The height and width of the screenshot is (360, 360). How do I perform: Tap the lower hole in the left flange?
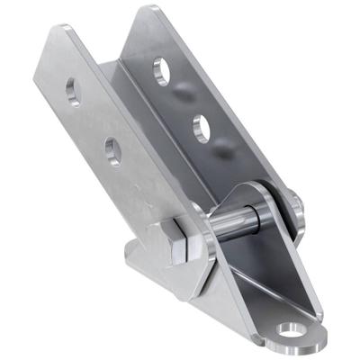click(x=113, y=150)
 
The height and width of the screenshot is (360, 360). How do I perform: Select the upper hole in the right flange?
click(x=162, y=69)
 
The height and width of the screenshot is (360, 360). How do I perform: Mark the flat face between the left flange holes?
click(x=94, y=121)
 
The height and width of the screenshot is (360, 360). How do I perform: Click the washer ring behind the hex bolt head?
click(x=196, y=241)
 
